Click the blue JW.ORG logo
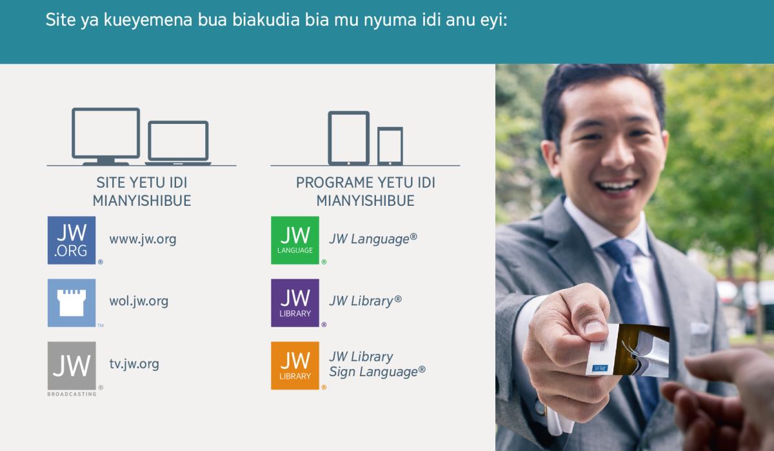(x=72, y=240)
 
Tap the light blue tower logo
(x=72, y=303)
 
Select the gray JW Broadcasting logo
(x=72, y=366)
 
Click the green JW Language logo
(x=295, y=240)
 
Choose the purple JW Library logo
(x=295, y=303)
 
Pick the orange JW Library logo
(x=295, y=365)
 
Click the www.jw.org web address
(x=143, y=239)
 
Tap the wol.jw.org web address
(x=139, y=301)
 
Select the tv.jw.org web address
(x=134, y=364)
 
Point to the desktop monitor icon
(x=106, y=134)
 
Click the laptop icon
(x=178, y=142)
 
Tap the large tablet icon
(x=348, y=137)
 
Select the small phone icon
(x=390, y=145)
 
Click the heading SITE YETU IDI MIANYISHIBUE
(x=142, y=192)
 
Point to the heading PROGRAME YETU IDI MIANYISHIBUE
(x=365, y=192)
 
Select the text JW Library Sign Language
(x=377, y=365)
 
